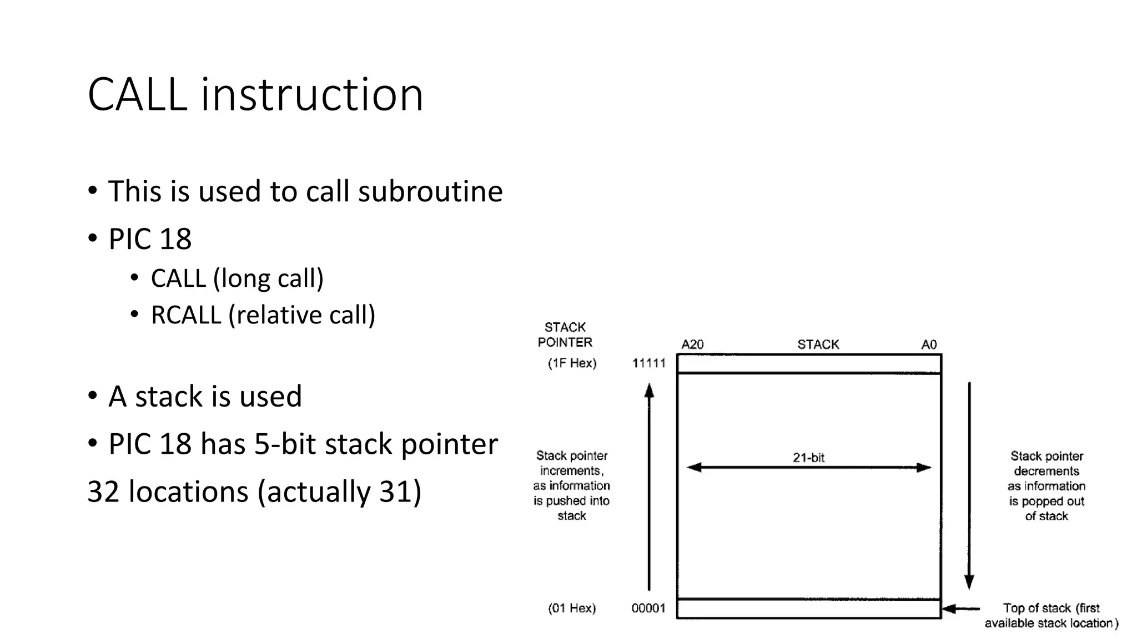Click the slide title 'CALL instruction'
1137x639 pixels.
pyautogui.click(x=255, y=95)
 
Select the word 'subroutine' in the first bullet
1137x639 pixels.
pyautogui.click(x=430, y=191)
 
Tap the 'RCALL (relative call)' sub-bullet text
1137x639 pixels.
pyautogui.click(x=263, y=315)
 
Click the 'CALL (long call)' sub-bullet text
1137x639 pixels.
pyautogui.click(x=237, y=278)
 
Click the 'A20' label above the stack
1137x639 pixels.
pyautogui.click(x=692, y=344)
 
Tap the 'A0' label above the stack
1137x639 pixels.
pyautogui.click(x=929, y=344)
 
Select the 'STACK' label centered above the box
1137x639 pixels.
pyautogui.click(x=818, y=344)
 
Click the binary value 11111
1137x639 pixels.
pyautogui.click(x=648, y=363)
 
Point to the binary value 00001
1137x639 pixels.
pyautogui.click(x=648, y=608)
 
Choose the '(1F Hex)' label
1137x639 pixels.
pyautogui.click(x=572, y=363)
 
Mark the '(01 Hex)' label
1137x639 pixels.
pyautogui.click(x=572, y=608)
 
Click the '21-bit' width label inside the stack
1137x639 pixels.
pyautogui.click(x=808, y=458)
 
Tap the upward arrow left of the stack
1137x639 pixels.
pyautogui.click(x=649, y=488)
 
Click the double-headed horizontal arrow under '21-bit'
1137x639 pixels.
pyautogui.click(x=808, y=468)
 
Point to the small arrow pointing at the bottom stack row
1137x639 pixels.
pyautogui.click(x=961, y=609)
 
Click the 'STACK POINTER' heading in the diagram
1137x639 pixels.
pyautogui.click(x=565, y=334)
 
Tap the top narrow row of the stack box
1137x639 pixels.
pyautogui.click(x=809, y=364)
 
